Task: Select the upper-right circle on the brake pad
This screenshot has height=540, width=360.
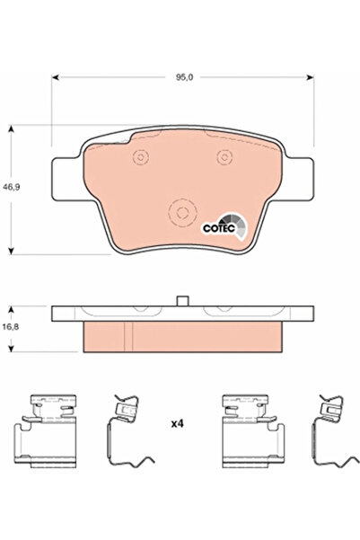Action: click(224, 158)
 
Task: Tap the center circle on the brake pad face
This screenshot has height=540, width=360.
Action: click(182, 213)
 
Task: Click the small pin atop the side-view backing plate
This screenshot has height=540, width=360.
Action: click(182, 302)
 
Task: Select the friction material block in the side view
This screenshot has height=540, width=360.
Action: click(182, 336)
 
